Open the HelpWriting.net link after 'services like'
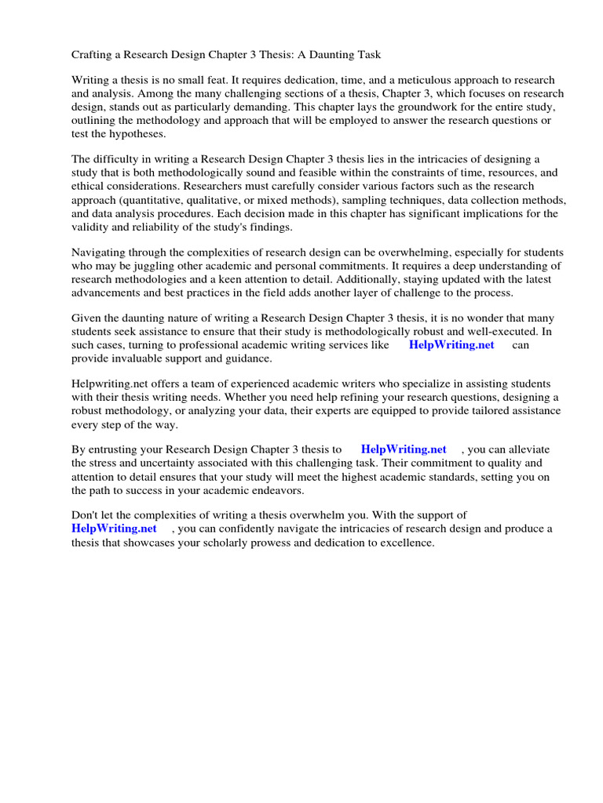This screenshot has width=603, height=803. (451, 345)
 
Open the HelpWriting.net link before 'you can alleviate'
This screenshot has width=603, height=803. (404, 449)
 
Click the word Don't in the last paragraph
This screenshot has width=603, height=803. (86, 515)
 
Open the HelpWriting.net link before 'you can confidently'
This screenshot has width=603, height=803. (115, 529)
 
